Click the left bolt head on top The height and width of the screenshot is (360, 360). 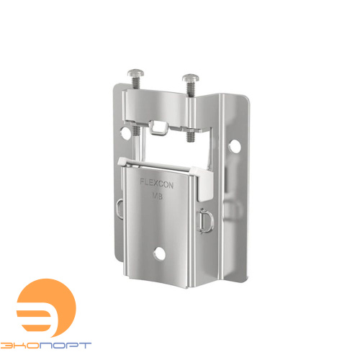pyautogui.click(x=136, y=73)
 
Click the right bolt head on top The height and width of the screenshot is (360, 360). pyautogui.click(x=191, y=78)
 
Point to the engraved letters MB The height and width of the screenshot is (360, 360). pyautogui.click(x=157, y=196)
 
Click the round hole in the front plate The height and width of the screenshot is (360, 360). pyautogui.click(x=159, y=253)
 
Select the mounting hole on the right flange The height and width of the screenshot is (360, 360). pyautogui.click(x=235, y=146)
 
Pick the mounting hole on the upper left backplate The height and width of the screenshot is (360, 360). pyautogui.click(x=125, y=132)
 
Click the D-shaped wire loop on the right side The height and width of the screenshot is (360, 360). pyautogui.click(x=204, y=221)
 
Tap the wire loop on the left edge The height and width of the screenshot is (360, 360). pyautogui.click(x=120, y=209)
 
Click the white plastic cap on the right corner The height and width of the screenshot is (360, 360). pyautogui.click(x=203, y=182)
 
